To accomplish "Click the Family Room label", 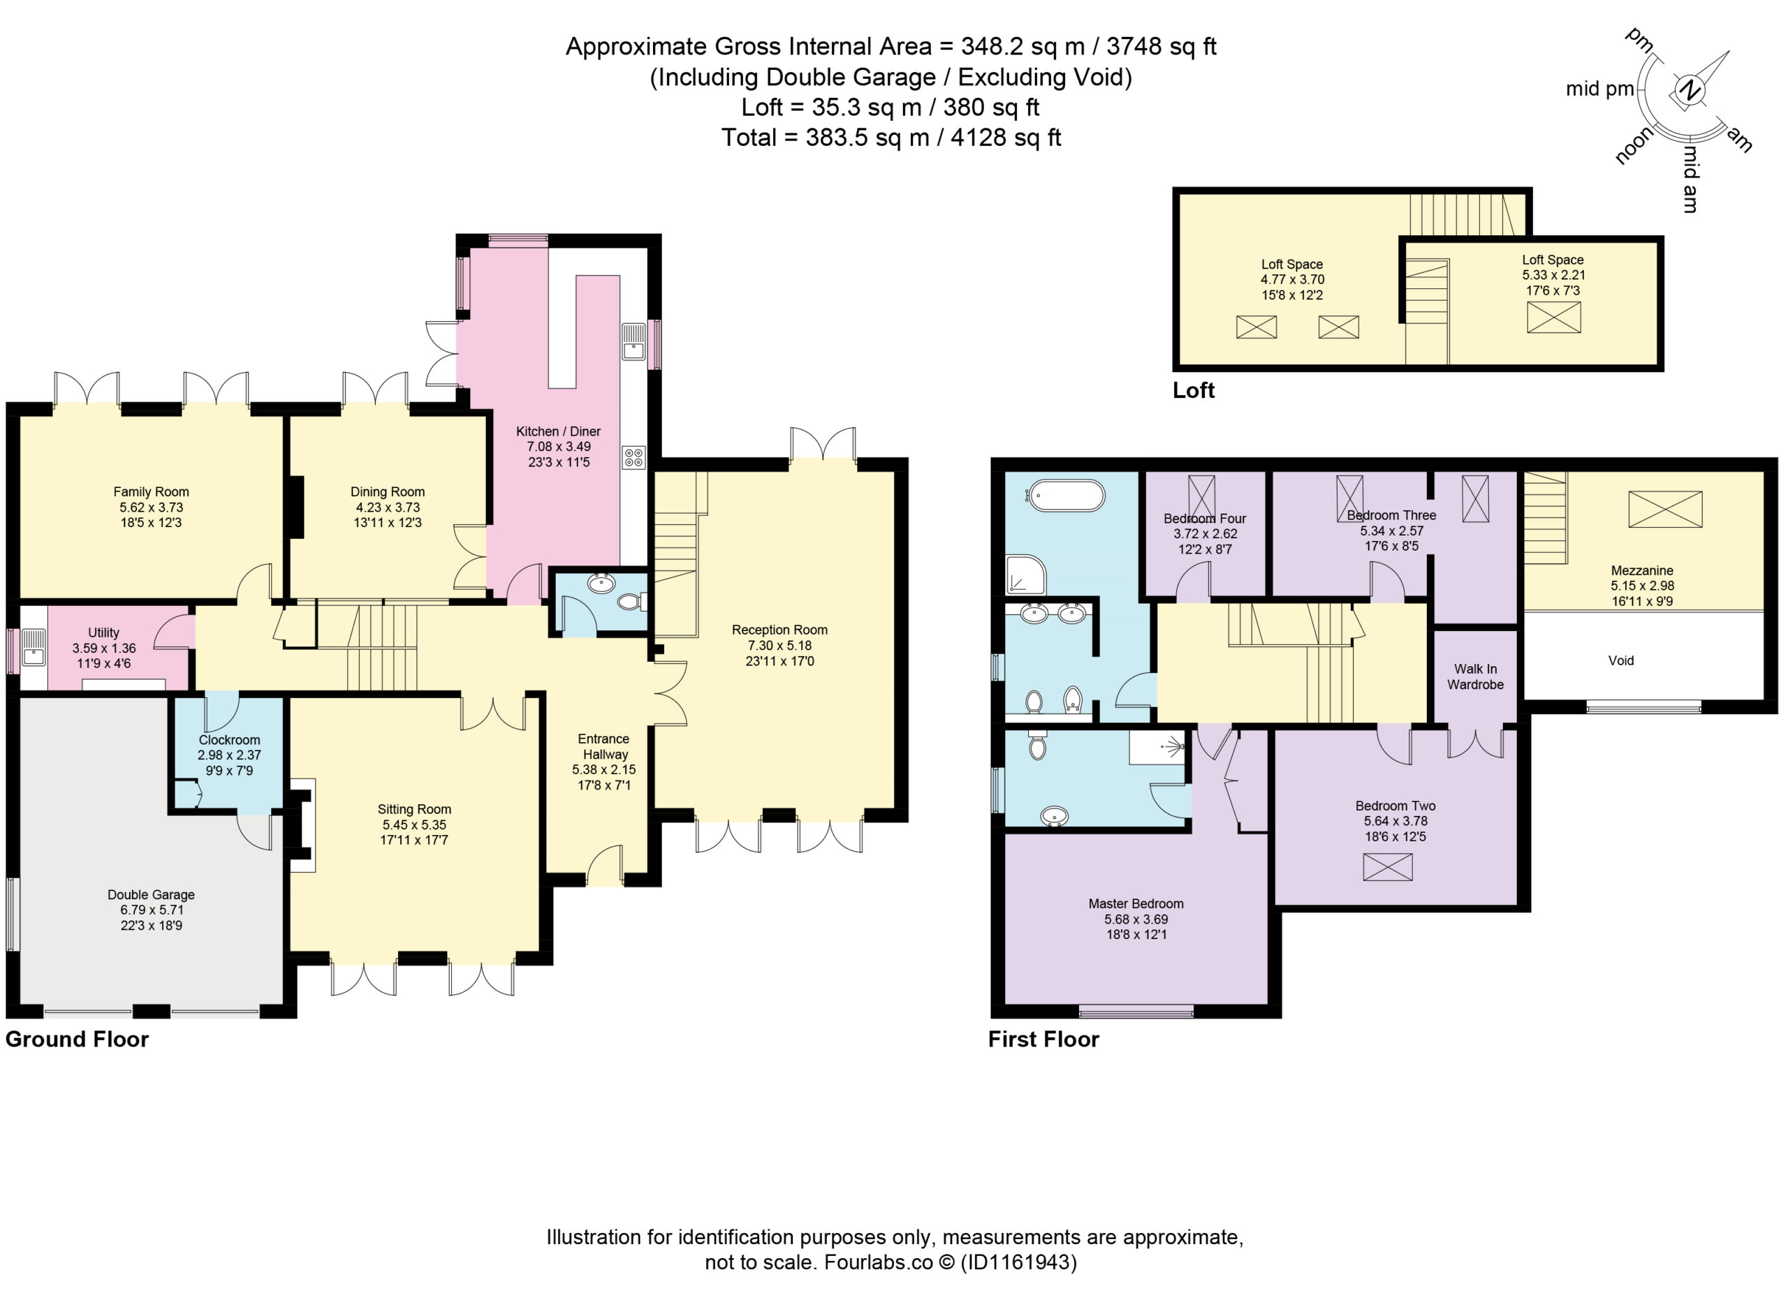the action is coord(151,492).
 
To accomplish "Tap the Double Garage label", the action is coord(151,894).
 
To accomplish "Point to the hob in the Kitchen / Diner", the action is coord(634,457).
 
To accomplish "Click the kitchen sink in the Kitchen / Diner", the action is coord(634,341).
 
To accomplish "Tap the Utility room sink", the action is coord(34,646).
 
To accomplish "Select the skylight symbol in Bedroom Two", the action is coord(1388,867).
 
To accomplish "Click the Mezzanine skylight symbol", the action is coord(1665,509).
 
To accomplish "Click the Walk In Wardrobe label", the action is coord(1475,676).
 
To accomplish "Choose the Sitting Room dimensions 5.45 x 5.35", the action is coord(413,825).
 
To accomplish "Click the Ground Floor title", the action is coord(77,1039).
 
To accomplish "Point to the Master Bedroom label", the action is coord(1136,904).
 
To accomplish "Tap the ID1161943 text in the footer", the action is coord(1018,1262).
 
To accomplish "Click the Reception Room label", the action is coord(779,630).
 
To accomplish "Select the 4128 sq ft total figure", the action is coord(1005,138).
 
